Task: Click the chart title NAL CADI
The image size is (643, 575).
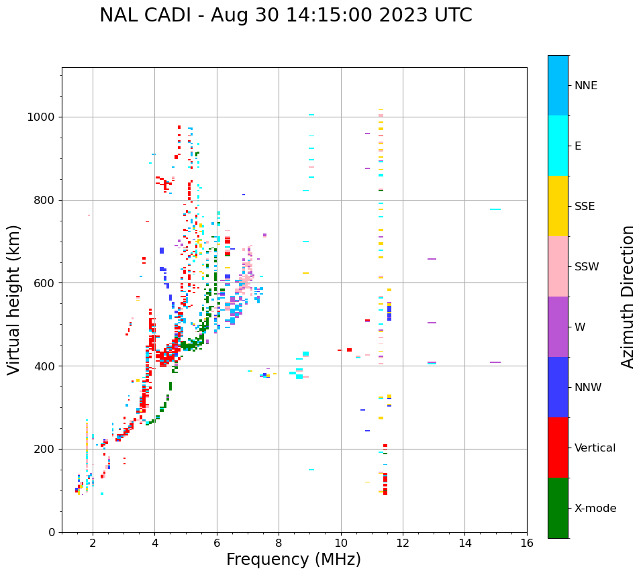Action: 285,15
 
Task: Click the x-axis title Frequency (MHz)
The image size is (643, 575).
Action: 293,560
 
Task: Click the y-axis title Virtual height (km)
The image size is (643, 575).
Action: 14,299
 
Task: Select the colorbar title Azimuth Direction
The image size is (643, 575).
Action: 628,297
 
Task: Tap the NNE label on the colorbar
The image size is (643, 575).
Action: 585,86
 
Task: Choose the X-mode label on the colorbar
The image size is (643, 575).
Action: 595,509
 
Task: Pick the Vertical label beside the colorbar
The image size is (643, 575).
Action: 595,448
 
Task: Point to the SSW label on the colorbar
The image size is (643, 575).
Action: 587,267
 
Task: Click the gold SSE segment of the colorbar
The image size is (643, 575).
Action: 558,206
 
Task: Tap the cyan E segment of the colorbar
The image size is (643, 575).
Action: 558,146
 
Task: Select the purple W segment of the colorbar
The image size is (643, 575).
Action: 558,327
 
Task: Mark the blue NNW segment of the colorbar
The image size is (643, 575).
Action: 558,387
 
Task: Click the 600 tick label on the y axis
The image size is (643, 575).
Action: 47,283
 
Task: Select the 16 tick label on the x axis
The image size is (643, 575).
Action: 527,543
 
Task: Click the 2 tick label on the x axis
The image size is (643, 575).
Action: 93,543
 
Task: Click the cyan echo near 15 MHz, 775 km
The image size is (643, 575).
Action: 495,209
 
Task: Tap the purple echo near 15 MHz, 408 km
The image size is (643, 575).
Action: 495,362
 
